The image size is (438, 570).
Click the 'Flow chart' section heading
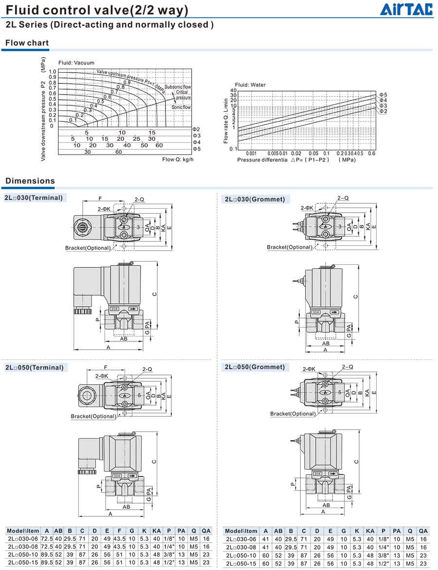click(x=27, y=43)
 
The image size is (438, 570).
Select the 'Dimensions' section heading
click(x=30, y=181)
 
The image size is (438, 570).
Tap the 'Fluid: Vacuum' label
click(x=76, y=63)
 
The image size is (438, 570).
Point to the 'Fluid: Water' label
click(x=250, y=85)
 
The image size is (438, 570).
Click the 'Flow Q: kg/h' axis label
click(x=178, y=159)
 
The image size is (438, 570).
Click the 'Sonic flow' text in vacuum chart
click(x=181, y=107)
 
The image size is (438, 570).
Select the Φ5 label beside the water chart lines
click(x=383, y=95)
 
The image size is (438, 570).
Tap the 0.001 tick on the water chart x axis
click(x=252, y=154)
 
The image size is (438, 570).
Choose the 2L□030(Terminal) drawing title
click(x=34, y=197)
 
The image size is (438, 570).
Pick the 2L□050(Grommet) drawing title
click(x=255, y=367)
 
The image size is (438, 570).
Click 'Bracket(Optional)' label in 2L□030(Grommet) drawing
click(x=289, y=247)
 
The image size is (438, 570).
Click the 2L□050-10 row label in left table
click(x=23, y=554)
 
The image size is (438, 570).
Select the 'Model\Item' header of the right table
click(x=241, y=531)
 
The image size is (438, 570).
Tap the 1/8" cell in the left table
click(x=168, y=539)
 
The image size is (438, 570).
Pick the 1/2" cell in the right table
click(x=383, y=563)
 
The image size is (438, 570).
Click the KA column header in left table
click(x=156, y=531)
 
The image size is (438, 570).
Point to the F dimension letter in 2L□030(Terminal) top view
click(x=100, y=198)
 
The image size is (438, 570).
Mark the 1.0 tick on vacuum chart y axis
click(x=52, y=72)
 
